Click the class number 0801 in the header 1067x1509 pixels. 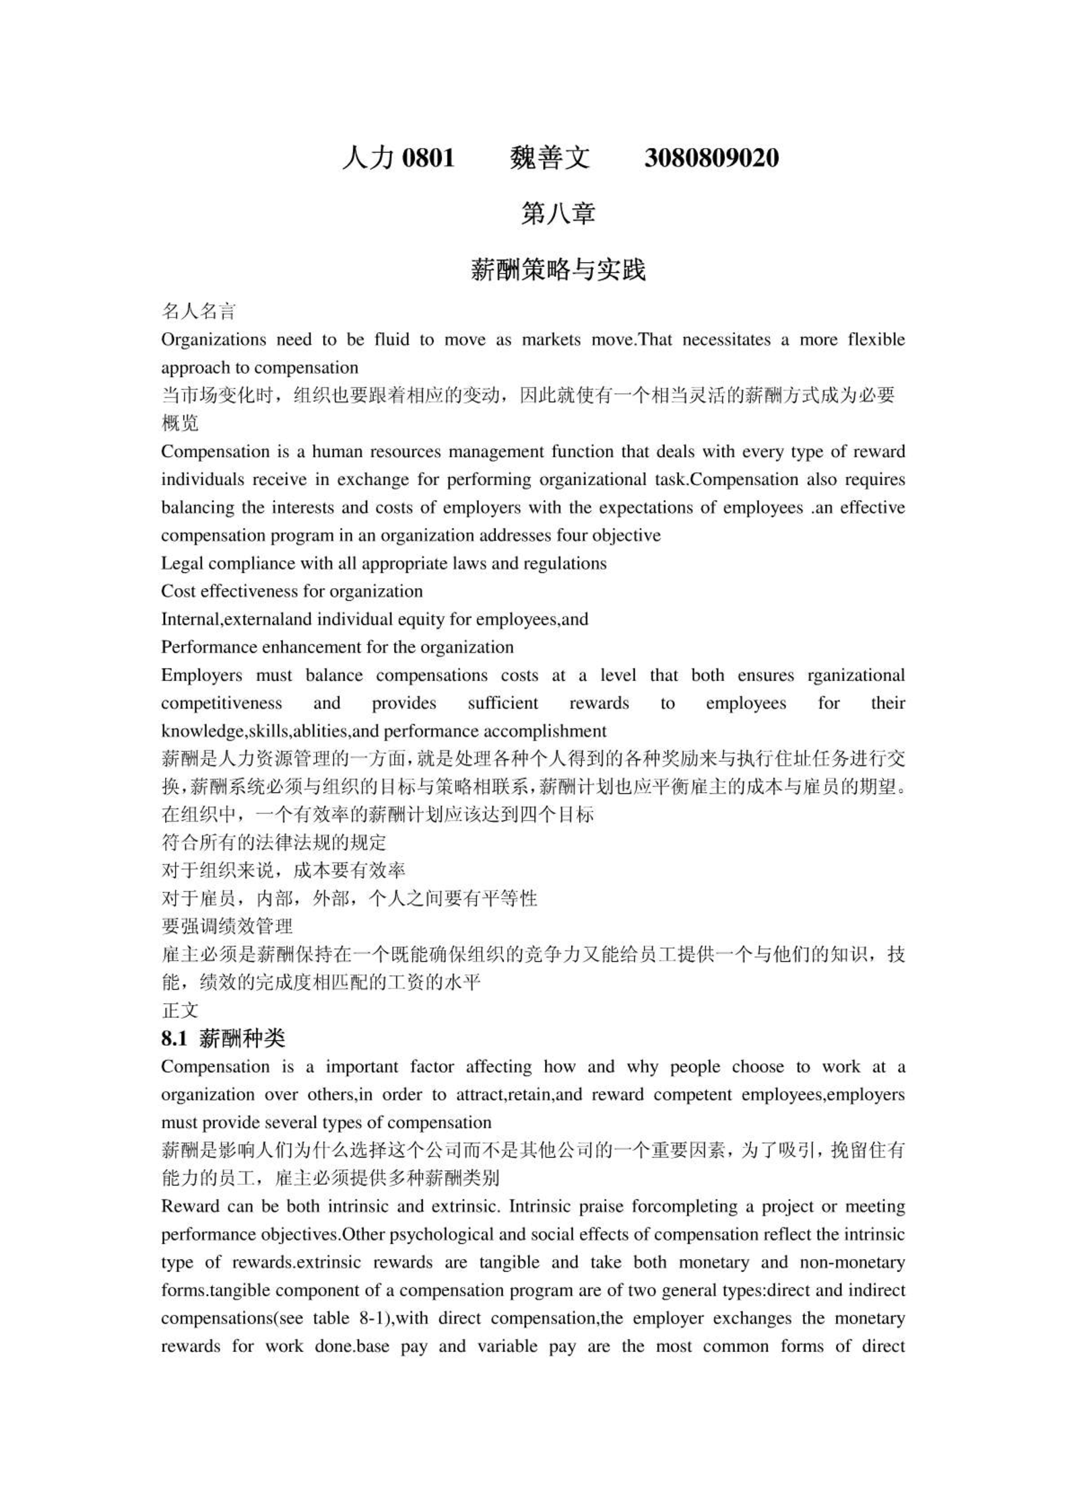(428, 158)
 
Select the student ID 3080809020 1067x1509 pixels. (711, 158)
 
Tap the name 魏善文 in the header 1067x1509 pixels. (550, 158)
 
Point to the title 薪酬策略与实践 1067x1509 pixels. (558, 270)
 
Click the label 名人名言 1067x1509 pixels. (199, 311)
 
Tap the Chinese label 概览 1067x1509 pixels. (180, 423)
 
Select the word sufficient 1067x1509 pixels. (503, 703)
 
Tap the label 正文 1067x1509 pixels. (180, 1010)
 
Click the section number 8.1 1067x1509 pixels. (174, 1039)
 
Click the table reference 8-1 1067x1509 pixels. (373, 1318)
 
